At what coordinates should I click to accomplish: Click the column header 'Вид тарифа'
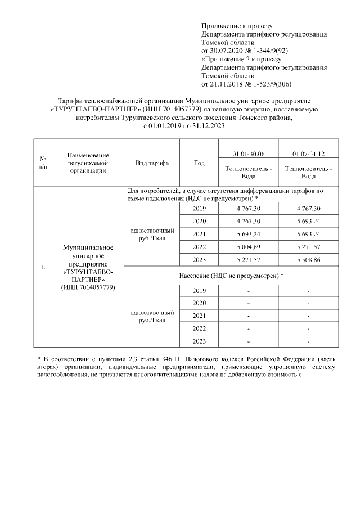[149, 163]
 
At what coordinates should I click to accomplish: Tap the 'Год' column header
[199, 163]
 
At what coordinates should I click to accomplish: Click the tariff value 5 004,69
[249, 246]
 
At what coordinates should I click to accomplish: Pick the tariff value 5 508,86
[308, 259]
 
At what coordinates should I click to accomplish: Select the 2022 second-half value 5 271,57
[308, 246]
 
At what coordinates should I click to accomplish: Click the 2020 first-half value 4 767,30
[249, 221]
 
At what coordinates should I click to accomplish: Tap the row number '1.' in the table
[43, 267]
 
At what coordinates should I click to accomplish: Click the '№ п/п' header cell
[43, 163]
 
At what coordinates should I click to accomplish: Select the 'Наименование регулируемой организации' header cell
[87, 163]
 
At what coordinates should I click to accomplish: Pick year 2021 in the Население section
[199, 316]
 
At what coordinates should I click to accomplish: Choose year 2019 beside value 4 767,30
[199, 208]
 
